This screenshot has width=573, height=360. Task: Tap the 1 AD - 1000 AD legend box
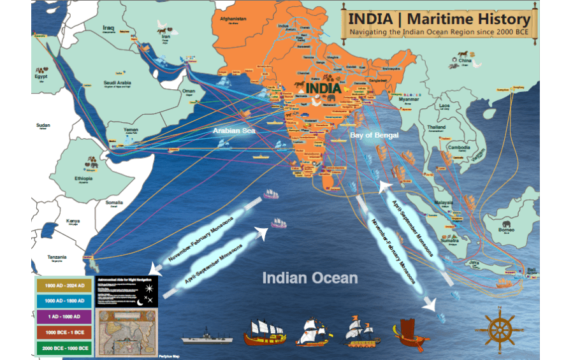click(x=63, y=317)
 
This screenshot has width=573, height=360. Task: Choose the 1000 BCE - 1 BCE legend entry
click(x=63, y=332)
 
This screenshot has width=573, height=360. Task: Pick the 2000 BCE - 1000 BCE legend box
click(x=63, y=348)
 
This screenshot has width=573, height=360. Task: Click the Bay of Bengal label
click(x=374, y=135)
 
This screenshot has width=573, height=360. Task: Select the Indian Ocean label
click(x=310, y=278)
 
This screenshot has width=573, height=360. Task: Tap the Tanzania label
click(x=57, y=257)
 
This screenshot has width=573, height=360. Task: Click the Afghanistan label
click(x=233, y=19)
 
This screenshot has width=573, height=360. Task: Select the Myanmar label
click(x=409, y=100)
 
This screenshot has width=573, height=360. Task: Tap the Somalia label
click(x=114, y=203)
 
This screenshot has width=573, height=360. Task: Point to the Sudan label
click(x=43, y=125)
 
